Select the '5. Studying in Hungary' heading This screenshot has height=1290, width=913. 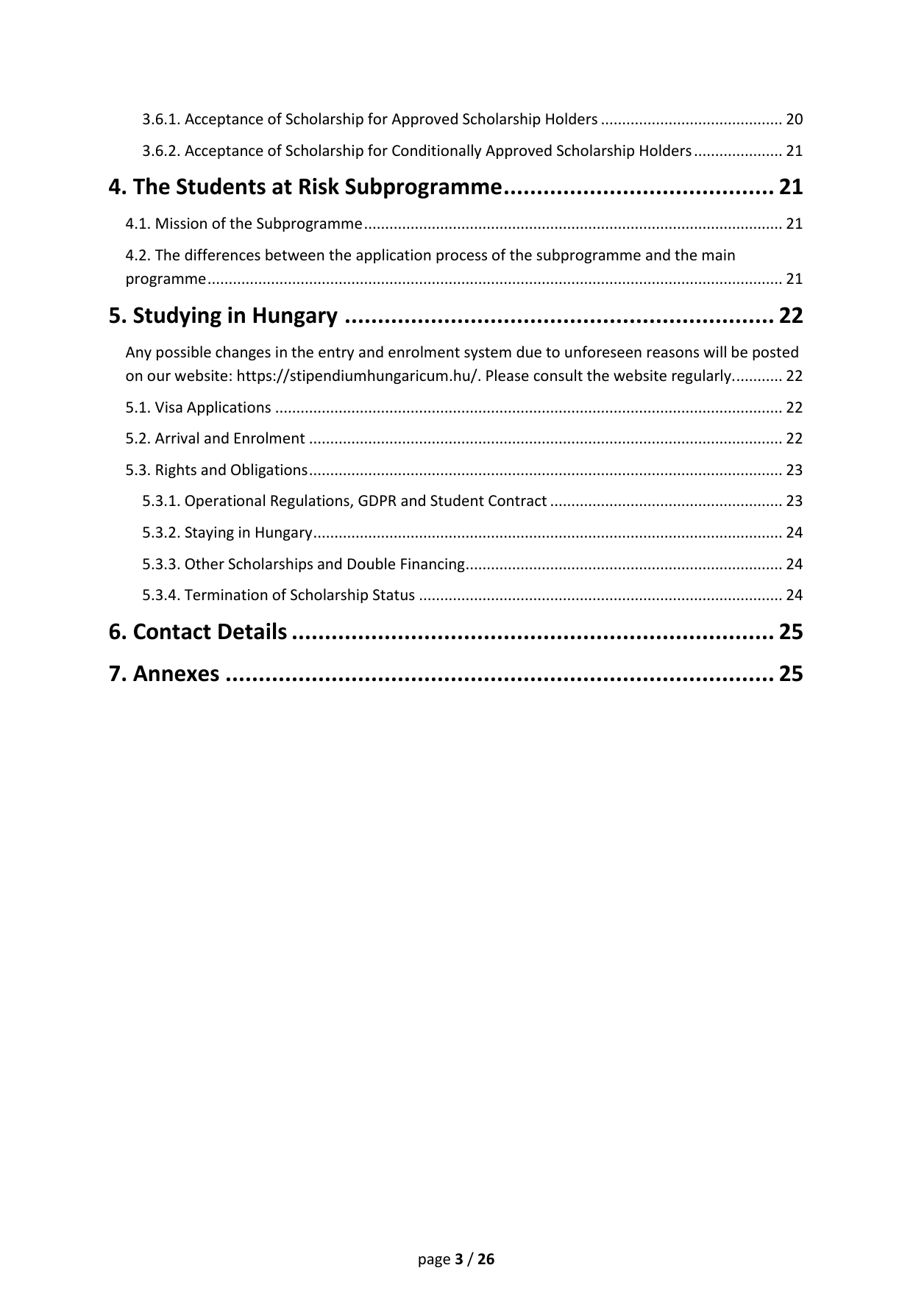coord(223,316)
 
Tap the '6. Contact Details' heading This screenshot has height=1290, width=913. coord(198,632)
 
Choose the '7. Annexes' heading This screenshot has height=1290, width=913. coord(164,674)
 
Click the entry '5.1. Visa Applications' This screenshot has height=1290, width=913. coord(198,407)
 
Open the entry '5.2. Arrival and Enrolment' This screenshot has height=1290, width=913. coord(215,438)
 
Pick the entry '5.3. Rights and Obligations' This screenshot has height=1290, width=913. coord(216,470)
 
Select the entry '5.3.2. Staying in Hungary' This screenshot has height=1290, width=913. coord(227,532)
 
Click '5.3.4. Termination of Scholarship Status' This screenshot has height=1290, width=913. coord(278,595)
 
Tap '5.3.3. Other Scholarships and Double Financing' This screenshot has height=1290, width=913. coord(303,564)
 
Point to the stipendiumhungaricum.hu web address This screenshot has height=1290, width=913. coord(358,376)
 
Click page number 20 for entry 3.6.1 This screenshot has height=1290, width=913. coord(794,119)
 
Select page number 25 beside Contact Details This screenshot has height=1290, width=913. coord(791,632)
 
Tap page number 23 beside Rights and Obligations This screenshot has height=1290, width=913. coord(794,470)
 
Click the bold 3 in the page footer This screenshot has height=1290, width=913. coord(459,1259)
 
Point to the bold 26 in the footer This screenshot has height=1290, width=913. coord(486,1259)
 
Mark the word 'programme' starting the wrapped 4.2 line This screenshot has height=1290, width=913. coord(166,279)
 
